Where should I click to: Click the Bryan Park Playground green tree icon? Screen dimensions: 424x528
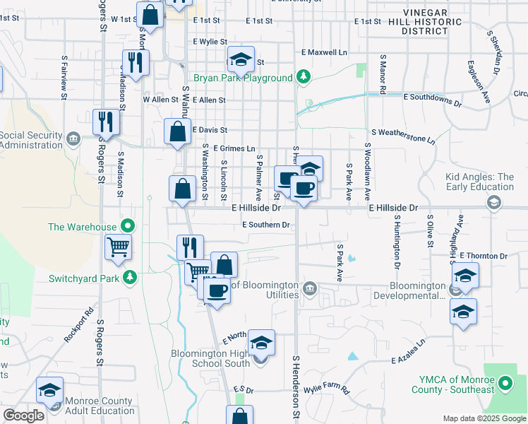(x=303, y=77)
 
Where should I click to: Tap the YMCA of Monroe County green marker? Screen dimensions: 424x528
(x=505, y=384)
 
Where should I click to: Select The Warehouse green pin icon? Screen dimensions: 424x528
(x=127, y=226)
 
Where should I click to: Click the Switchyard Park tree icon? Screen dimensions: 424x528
(x=128, y=278)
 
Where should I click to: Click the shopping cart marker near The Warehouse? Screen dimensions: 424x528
(x=118, y=247)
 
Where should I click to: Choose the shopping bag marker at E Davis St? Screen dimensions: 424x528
(x=177, y=131)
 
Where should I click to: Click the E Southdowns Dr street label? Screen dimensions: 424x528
(x=431, y=103)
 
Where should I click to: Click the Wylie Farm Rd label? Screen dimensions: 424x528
(x=326, y=389)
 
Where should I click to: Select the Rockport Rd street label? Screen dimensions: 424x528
(x=78, y=324)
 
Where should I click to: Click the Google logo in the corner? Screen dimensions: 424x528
(x=23, y=416)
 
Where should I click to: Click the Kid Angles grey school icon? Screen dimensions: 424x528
(x=493, y=203)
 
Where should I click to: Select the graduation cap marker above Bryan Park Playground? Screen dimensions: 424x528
(x=241, y=59)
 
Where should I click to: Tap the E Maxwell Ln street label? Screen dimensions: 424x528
(x=324, y=52)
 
